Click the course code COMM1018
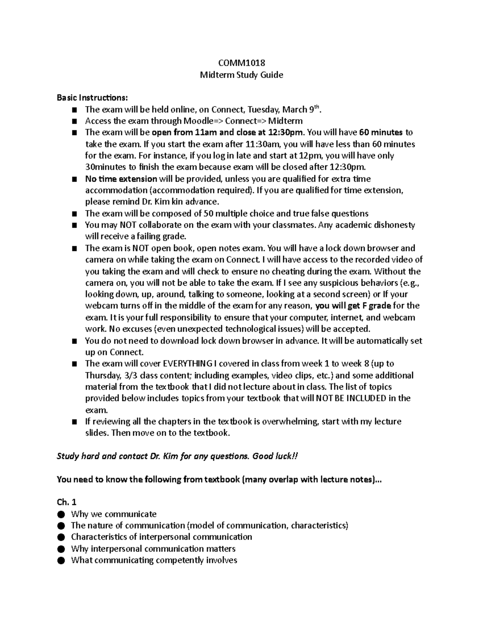242,63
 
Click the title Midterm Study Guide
242,75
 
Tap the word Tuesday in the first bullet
263,109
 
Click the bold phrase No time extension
121,179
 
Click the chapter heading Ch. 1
67,502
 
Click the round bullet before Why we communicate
61,514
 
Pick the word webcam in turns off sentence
98,306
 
